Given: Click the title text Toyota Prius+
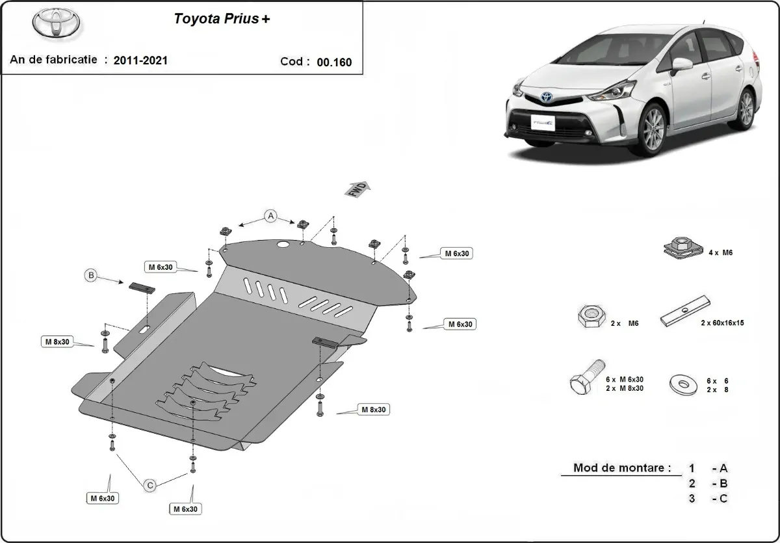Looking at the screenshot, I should pyautogui.click(x=222, y=19).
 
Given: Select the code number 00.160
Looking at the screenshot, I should pyautogui.click(x=334, y=62).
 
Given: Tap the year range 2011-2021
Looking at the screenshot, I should pyautogui.click(x=140, y=60).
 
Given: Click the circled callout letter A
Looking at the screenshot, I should pyautogui.click(x=271, y=216).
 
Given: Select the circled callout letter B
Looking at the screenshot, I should pyautogui.click(x=91, y=276).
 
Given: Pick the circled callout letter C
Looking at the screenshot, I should pyautogui.click(x=149, y=484).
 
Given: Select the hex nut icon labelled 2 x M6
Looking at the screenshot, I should pyautogui.click(x=589, y=317).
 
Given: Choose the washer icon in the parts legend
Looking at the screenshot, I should pyautogui.click(x=684, y=384).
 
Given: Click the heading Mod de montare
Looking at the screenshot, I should pyautogui.click(x=621, y=468).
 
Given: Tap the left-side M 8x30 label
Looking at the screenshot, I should pyautogui.click(x=58, y=341).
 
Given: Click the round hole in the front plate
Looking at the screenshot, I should pyautogui.click(x=283, y=245).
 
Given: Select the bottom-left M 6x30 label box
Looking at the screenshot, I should pyautogui.click(x=103, y=498).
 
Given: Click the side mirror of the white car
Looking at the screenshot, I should pyautogui.click(x=682, y=64).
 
